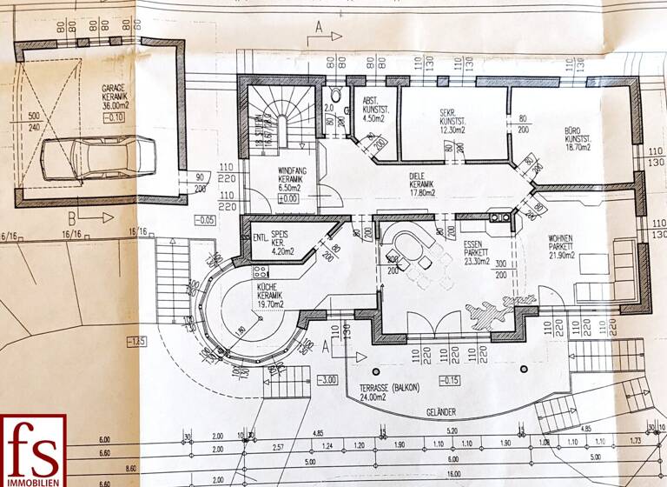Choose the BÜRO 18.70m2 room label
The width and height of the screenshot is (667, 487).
pos(578,138)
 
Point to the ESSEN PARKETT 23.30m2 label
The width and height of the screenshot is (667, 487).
pos(477,253)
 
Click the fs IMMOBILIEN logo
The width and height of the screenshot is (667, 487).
pos(33,450)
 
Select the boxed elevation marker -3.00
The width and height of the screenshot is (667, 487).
pos(327,379)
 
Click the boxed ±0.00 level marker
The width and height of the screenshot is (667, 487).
pos(287,198)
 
